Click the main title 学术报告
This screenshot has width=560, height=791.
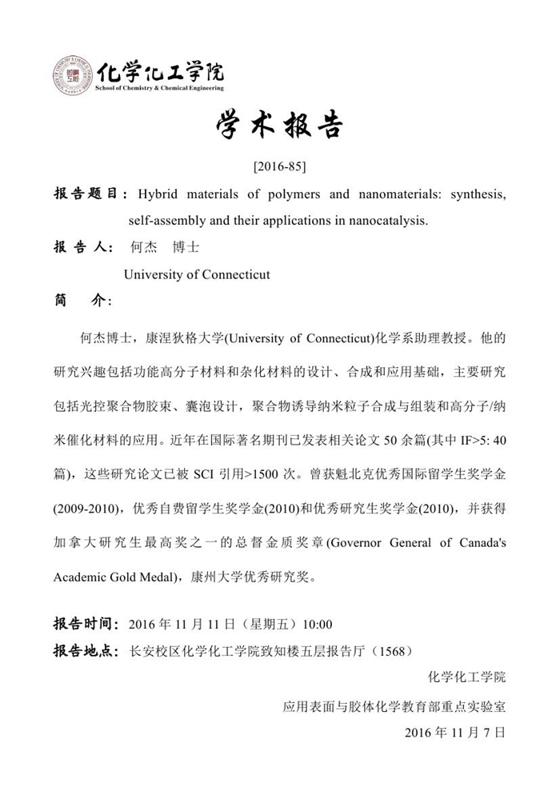point(279,127)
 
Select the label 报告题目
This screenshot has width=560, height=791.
point(86,194)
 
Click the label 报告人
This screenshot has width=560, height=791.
point(82,248)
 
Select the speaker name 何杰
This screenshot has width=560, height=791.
point(142,248)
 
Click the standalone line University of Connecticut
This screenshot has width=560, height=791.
point(197,274)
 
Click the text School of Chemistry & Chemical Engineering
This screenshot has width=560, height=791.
point(159,88)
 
